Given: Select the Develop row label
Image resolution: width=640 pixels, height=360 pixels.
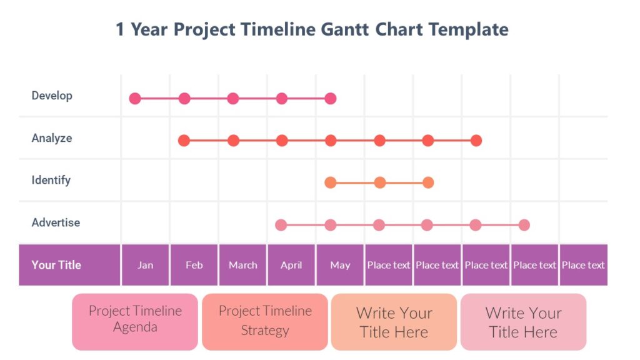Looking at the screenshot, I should [x=52, y=96].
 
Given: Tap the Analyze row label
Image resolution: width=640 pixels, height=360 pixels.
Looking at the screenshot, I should [x=52, y=138].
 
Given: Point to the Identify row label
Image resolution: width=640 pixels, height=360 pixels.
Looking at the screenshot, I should [x=51, y=180].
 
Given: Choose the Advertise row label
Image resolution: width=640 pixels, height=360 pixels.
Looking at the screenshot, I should [x=56, y=222].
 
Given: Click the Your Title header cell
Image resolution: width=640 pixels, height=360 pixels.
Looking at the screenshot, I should [x=56, y=265].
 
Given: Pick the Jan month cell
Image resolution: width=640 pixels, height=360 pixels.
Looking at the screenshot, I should [x=145, y=265].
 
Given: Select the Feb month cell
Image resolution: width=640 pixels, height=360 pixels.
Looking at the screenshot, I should [x=194, y=265].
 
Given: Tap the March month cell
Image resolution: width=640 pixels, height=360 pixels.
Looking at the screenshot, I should [x=242, y=265].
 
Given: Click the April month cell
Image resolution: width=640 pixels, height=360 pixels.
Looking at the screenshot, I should [x=291, y=265].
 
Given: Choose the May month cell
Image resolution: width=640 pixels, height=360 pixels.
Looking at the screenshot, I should [x=340, y=265].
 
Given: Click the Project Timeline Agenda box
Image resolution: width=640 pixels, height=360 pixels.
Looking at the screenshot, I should [x=135, y=319].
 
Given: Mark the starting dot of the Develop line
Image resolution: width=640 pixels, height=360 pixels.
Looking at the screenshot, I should [x=135, y=98].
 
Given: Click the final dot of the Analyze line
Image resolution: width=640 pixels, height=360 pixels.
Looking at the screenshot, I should [x=476, y=141].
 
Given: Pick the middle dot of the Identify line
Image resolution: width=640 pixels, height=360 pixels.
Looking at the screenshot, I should [x=379, y=182].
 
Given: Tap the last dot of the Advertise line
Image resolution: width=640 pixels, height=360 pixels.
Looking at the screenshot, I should [x=524, y=225].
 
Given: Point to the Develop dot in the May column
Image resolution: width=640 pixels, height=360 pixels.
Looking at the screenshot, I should [x=331, y=98].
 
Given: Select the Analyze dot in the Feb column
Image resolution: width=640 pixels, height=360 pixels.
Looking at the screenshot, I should [x=184, y=141].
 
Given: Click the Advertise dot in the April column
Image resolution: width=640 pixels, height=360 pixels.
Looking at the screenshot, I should [x=281, y=225].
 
